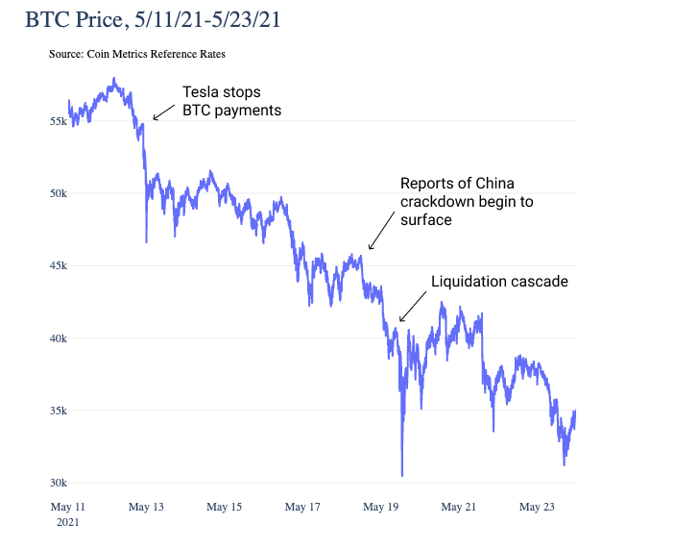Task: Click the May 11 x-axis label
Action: (x=68, y=507)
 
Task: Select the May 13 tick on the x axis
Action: (x=146, y=507)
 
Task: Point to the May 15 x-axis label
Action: (x=224, y=507)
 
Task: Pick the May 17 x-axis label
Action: (x=301, y=507)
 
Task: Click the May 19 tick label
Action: (x=380, y=507)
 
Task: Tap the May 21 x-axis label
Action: (x=458, y=507)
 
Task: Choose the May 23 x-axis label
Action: (x=536, y=507)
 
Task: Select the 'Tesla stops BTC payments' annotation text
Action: (x=231, y=101)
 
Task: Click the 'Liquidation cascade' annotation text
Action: (x=499, y=282)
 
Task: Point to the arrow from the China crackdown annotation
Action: (x=381, y=232)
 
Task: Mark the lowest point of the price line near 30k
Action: (x=401, y=475)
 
